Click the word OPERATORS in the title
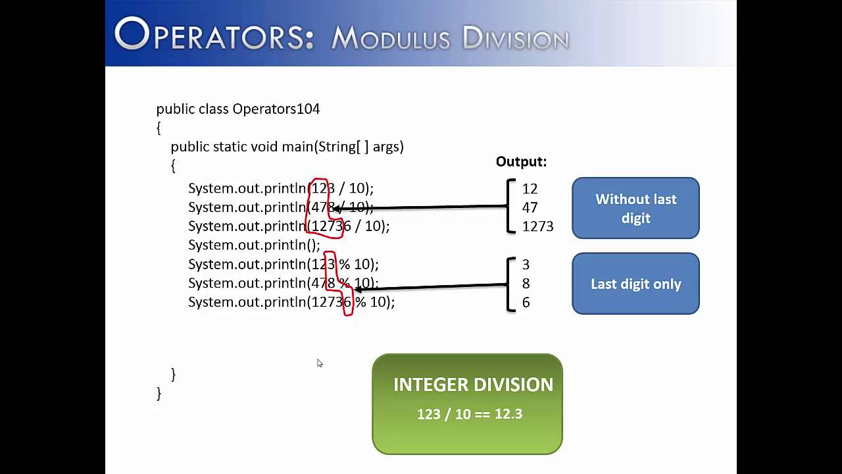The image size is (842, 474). (214, 35)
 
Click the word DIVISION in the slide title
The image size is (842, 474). (515, 39)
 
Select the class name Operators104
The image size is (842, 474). (276, 109)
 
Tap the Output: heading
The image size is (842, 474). (521, 162)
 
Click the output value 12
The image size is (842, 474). (530, 189)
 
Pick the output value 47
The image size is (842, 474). (530, 207)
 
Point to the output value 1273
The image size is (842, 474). (537, 226)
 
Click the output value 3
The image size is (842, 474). (526, 265)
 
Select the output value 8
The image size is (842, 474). (526, 284)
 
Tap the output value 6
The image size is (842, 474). (526, 303)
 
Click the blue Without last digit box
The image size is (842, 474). (635, 208)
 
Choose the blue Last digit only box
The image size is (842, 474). (635, 284)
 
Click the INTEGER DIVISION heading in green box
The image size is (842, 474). (473, 385)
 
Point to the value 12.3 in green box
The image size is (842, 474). (508, 414)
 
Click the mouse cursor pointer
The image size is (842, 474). (319, 363)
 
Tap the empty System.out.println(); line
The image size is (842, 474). (254, 246)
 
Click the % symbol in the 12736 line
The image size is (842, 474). (360, 302)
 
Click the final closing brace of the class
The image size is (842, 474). (159, 393)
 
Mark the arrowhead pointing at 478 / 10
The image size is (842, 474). (335, 209)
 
